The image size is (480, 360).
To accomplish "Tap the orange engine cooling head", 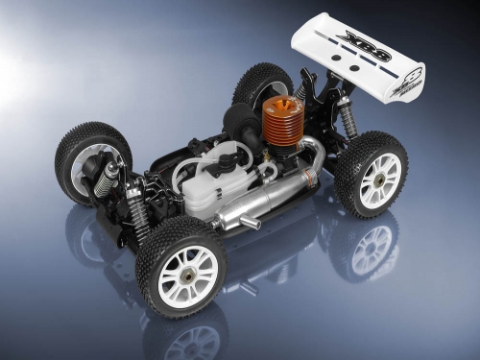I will tap(279, 124).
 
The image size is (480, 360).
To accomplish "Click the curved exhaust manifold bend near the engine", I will tap(313, 149).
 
